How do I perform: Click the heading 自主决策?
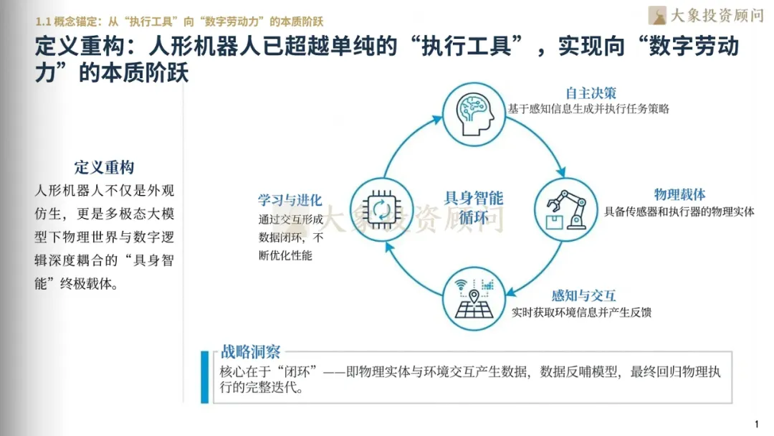pos(591,94)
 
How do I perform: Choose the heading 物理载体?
pos(679,194)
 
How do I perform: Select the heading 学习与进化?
pos(290,200)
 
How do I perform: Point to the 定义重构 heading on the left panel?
pos(105,168)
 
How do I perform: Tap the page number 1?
pos(757,423)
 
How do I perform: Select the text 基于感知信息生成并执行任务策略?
pos(589,110)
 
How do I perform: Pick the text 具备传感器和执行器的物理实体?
pos(679,212)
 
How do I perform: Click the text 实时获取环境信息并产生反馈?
pos(581,313)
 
